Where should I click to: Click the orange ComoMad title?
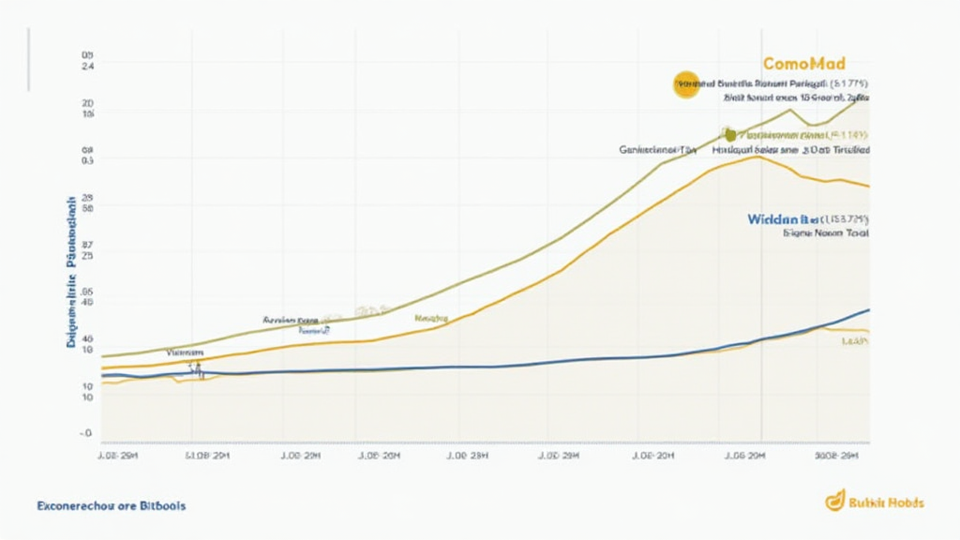804,64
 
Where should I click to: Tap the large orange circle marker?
685,84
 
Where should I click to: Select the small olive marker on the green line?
725,133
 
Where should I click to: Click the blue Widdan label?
772,218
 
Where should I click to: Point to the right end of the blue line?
868,310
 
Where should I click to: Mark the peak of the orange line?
756,157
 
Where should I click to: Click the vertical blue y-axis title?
71,272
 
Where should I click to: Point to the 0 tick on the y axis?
87,434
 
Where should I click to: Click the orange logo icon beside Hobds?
834,502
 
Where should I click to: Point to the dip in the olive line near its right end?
812,125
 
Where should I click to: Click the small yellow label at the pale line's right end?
854,342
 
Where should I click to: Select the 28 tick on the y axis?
87,198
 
